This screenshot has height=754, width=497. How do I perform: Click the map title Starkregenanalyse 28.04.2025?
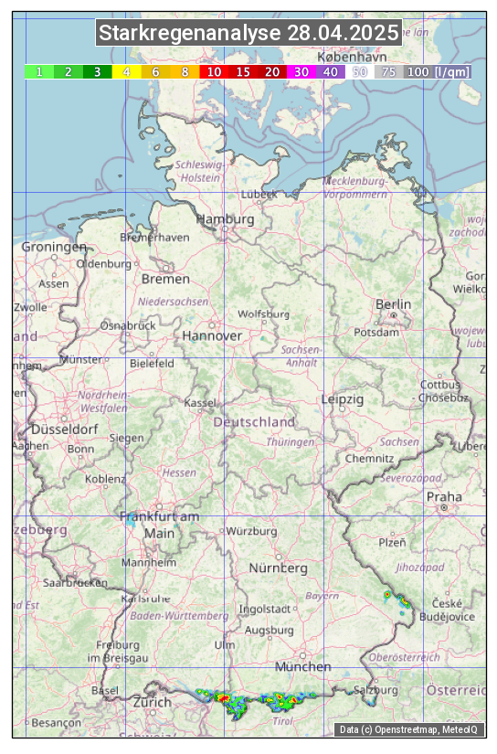(248, 34)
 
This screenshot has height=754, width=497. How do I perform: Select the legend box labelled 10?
(214, 71)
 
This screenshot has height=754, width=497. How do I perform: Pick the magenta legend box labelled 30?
(301, 71)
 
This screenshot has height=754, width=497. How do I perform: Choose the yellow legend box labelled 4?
(127, 71)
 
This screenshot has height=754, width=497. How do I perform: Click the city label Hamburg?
(225, 219)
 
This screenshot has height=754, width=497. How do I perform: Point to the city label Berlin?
(393, 303)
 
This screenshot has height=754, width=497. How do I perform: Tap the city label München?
(302, 666)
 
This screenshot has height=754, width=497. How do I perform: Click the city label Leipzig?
(343, 399)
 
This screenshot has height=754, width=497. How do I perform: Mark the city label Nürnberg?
(279, 568)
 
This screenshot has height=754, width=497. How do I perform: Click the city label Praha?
(444, 496)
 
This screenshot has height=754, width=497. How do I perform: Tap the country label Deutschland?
(254, 421)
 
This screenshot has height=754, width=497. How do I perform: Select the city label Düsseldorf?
(64, 429)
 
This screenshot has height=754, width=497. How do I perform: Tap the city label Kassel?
(199, 402)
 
